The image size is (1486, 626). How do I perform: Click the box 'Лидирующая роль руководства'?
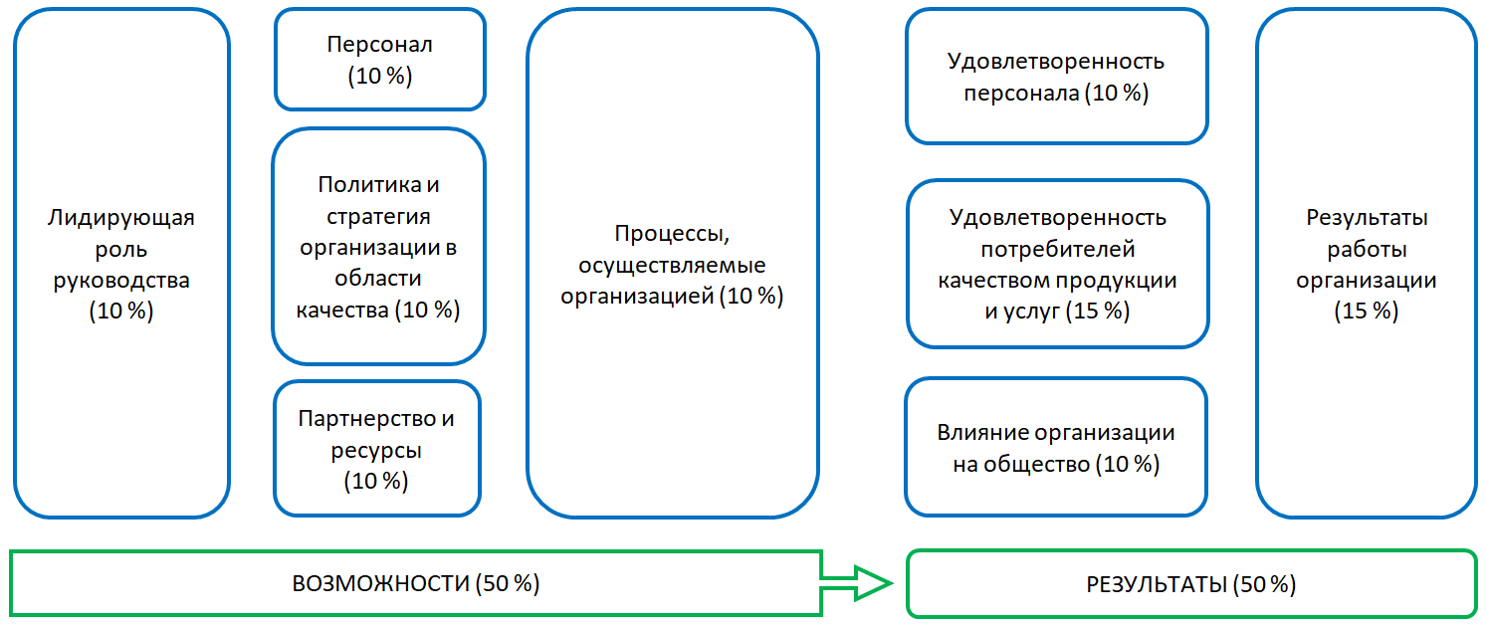coord(121,263)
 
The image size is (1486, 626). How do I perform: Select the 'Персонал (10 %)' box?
coord(380,60)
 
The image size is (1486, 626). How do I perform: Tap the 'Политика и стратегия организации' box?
coord(378,247)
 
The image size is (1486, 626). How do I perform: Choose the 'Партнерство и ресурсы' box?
coord(376,449)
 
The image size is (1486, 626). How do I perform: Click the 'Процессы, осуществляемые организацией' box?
coord(673,263)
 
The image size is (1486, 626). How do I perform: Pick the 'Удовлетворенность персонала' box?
coord(1056,78)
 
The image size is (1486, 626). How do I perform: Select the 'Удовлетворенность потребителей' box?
coord(1057,264)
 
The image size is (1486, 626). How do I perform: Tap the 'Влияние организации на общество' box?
coord(1056,448)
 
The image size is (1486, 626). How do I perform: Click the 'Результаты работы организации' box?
coord(1366,263)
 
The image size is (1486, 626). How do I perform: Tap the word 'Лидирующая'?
coord(121,217)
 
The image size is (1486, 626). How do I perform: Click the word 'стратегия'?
coord(378,216)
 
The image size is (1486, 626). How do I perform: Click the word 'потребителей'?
coord(1057,249)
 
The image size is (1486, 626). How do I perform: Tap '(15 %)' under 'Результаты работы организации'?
coord(1366,311)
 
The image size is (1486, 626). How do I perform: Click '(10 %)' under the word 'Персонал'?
coord(380,77)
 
